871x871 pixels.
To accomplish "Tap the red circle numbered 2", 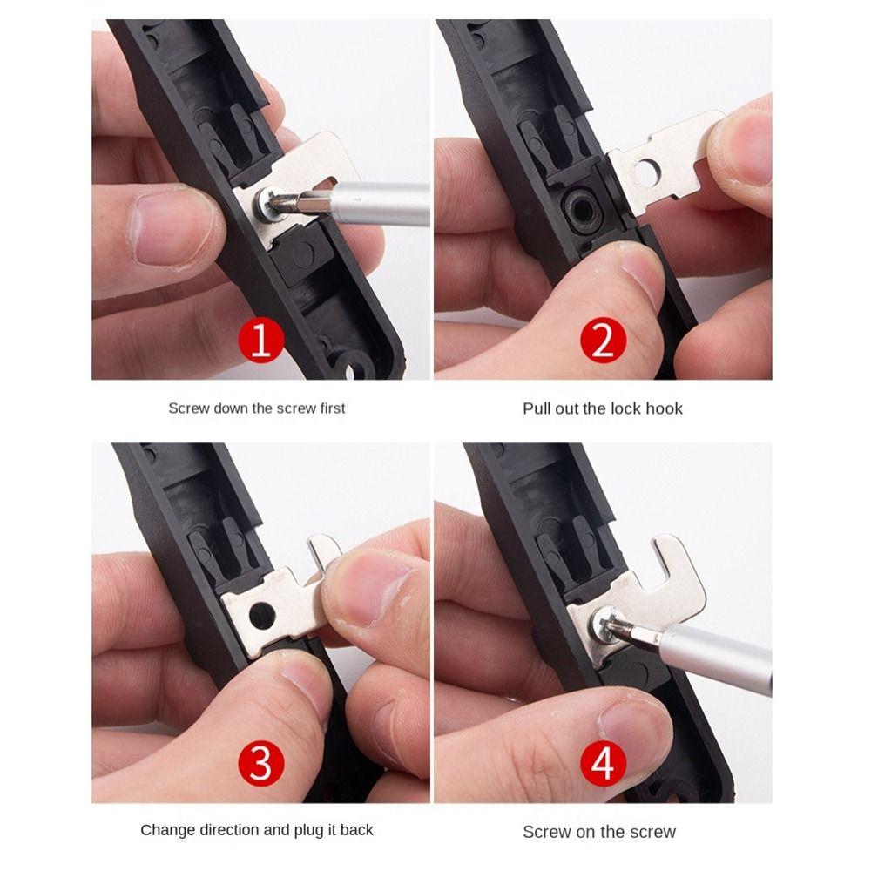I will [x=603, y=341].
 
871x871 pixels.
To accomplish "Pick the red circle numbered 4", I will [x=603, y=765].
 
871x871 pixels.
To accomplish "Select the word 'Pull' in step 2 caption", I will [x=537, y=408].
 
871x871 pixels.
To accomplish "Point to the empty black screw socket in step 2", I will [x=578, y=206].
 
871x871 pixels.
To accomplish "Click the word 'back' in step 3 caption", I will [x=356, y=830].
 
